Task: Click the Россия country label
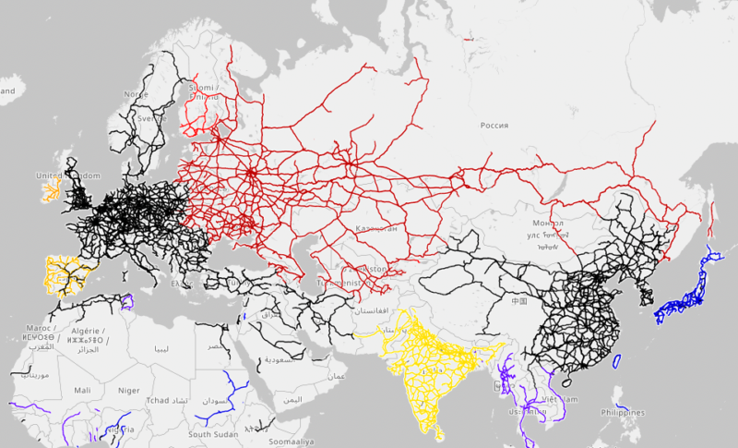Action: tap(494, 125)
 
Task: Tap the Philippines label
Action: tap(623, 412)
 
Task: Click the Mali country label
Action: tap(82, 391)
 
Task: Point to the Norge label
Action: tap(136, 94)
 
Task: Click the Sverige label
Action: tap(151, 119)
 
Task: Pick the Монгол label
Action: tap(548, 223)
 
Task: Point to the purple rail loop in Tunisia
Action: tap(127, 300)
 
